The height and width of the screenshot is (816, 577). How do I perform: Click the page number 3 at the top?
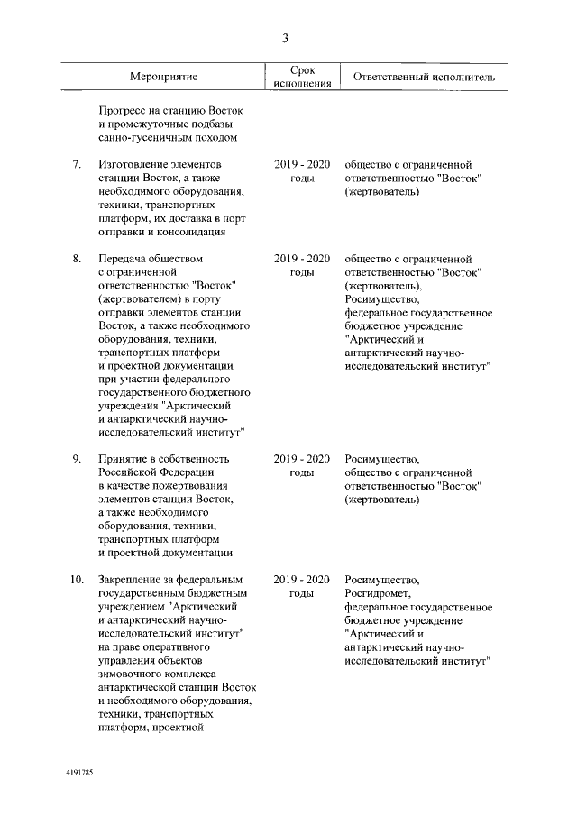[286, 37]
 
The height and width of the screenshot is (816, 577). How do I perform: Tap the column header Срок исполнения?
[302, 77]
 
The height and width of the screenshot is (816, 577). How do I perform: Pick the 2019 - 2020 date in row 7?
[302, 165]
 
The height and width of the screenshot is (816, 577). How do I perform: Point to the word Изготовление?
[134, 165]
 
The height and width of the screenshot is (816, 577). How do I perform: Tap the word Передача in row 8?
[124, 260]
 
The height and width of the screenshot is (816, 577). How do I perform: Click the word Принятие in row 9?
[124, 458]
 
